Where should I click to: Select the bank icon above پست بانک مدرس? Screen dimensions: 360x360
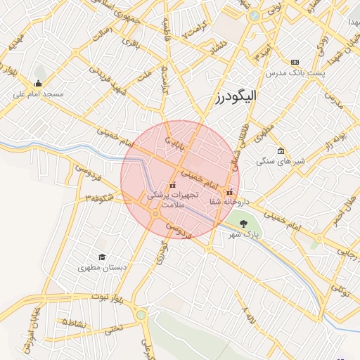point(294,63)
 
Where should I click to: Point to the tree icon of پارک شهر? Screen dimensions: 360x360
point(243,224)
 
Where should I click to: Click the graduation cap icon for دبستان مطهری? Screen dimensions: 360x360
point(102,257)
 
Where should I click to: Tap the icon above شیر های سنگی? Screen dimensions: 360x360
point(281,151)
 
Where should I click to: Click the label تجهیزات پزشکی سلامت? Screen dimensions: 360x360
point(172,199)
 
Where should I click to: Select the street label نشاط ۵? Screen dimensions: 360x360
point(74,322)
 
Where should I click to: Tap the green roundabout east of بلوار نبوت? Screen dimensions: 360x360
point(141,315)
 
